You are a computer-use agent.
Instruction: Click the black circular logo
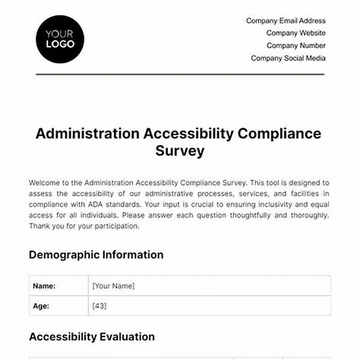tap(60, 38)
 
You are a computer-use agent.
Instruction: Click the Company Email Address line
tap(286, 21)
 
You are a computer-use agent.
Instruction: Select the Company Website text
tap(296, 33)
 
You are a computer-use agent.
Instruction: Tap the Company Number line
tap(296, 46)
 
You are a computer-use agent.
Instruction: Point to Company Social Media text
tap(288, 58)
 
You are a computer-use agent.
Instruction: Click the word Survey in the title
tap(179, 151)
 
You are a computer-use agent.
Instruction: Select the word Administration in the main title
tap(88, 134)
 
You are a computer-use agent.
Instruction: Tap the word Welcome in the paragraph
tap(46, 182)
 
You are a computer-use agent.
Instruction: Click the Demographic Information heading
tap(96, 255)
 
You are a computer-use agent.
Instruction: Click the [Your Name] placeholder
tap(113, 286)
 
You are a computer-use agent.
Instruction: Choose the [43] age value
tap(100, 305)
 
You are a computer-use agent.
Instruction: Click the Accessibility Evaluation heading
tap(92, 337)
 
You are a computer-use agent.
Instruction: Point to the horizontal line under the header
tap(180, 74)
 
